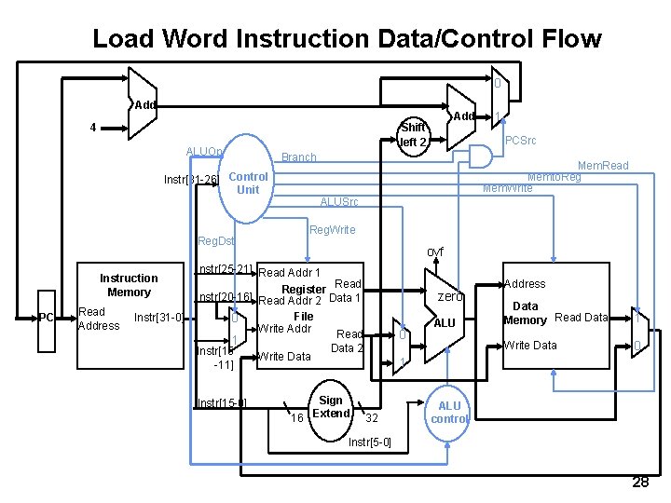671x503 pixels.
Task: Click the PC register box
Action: (x=47, y=318)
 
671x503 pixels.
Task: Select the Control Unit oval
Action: (x=247, y=183)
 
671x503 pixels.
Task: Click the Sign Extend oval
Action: (x=330, y=407)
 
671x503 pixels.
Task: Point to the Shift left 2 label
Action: (x=413, y=135)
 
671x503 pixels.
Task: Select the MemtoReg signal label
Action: (x=555, y=176)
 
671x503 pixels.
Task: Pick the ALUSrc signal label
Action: (x=338, y=202)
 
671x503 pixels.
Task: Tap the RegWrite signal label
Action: (x=331, y=229)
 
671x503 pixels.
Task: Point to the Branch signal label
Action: (x=298, y=157)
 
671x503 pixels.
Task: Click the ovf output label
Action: (x=435, y=251)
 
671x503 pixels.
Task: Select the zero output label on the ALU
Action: (x=451, y=295)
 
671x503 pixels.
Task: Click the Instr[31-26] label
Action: (x=190, y=179)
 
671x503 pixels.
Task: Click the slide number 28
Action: (x=640, y=482)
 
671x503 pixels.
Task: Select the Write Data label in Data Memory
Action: (x=530, y=346)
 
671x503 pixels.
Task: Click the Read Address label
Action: (x=99, y=319)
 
